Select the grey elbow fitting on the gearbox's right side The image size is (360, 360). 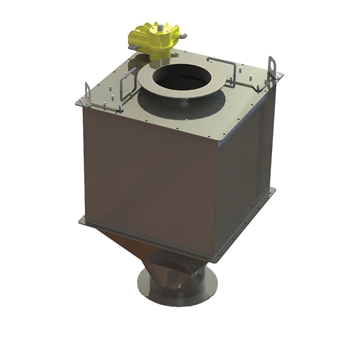click(x=183, y=36)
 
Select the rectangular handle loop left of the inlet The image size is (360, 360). click(x=128, y=86)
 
